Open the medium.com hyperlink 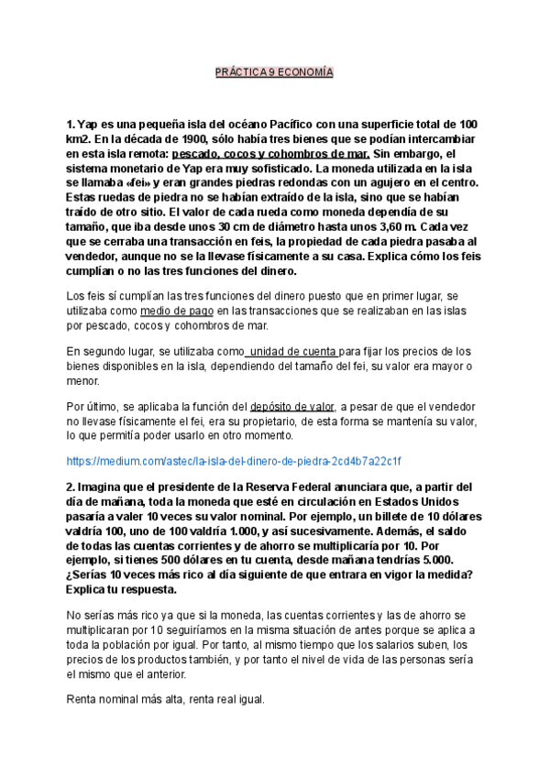tap(235, 460)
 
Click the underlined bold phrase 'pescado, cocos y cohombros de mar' tap(270, 154)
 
